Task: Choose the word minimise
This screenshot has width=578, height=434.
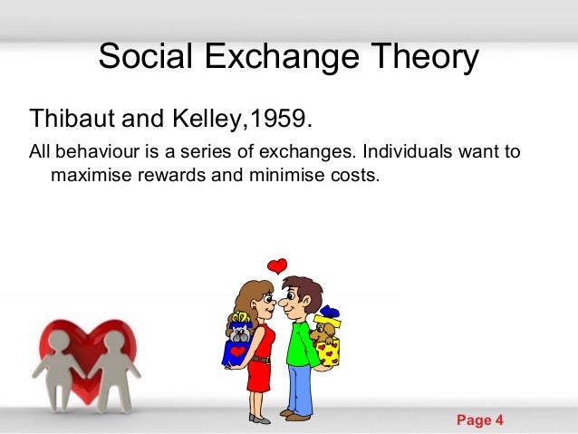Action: [281, 172]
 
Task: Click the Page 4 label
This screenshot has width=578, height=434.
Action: [479, 420]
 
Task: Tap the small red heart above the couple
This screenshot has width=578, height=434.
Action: [277, 265]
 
